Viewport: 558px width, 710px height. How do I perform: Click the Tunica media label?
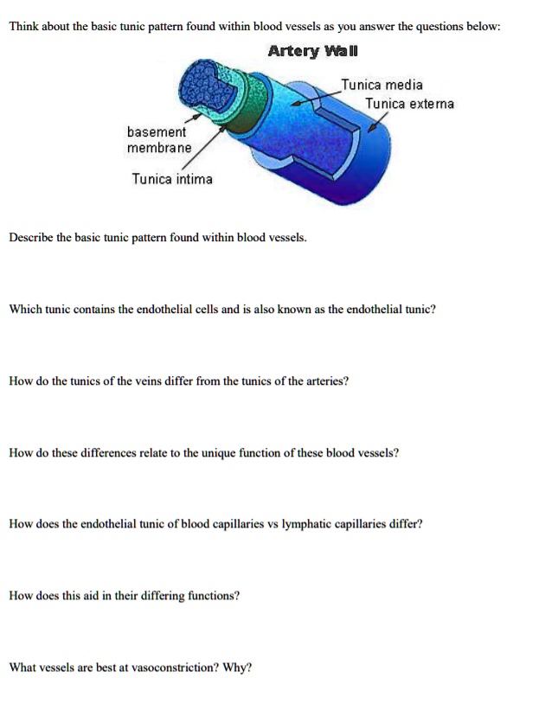coord(382,85)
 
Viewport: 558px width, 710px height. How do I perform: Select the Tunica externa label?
coord(408,105)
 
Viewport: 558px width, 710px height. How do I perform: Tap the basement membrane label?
coord(157,140)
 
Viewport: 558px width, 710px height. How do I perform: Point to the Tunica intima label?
coord(171,179)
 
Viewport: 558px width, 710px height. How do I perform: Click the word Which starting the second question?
coord(24,309)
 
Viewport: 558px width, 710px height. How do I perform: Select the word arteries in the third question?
coord(324,381)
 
